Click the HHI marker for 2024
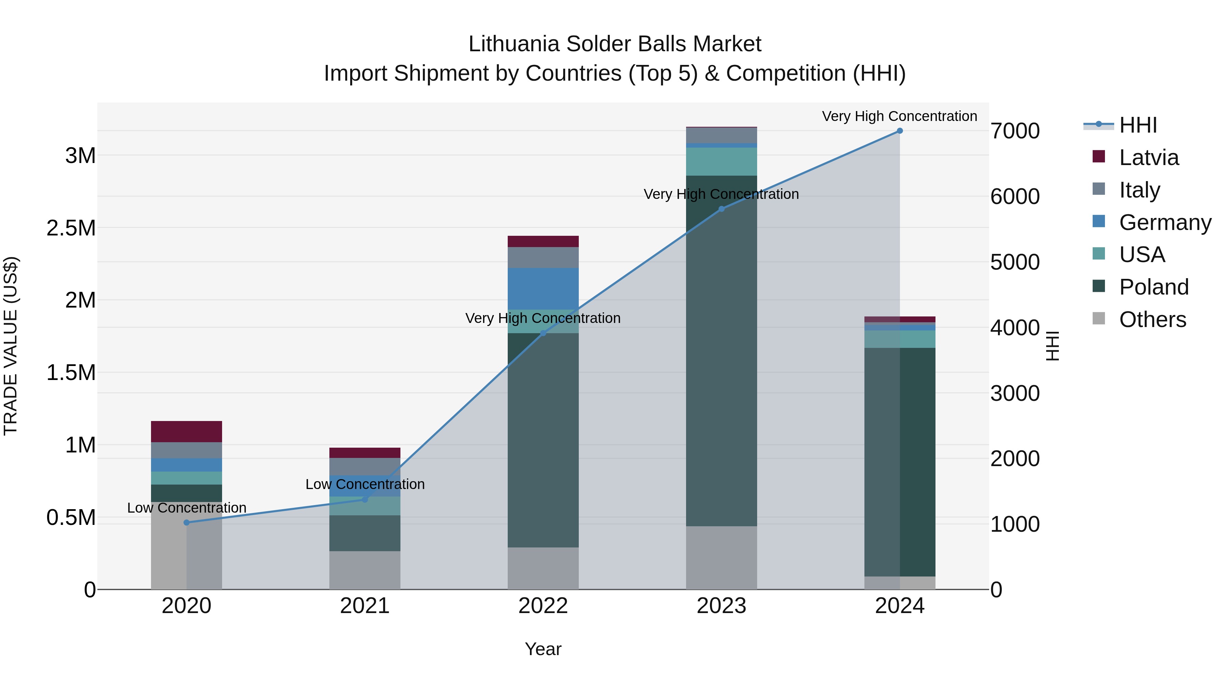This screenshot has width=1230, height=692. coord(900,131)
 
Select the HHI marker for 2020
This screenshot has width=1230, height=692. coord(187,523)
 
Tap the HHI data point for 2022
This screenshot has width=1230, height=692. coord(543,333)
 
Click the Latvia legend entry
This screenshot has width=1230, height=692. coord(1148,158)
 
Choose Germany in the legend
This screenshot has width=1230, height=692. coord(1165,222)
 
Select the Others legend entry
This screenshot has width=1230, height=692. coord(1152,320)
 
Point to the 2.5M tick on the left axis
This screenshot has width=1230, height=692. coord(71,228)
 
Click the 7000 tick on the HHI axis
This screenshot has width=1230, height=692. coord(1015,131)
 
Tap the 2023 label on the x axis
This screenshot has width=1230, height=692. coord(721,606)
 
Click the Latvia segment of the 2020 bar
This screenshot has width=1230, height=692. coord(187,431)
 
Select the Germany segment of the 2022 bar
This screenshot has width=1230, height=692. coord(543,288)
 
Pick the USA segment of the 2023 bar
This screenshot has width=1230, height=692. coord(721,161)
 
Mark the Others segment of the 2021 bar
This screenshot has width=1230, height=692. coord(365,570)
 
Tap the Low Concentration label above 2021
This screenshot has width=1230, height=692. coord(365,484)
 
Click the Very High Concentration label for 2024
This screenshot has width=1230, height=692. coord(899,116)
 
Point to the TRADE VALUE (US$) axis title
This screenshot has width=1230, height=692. coord(11,346)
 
